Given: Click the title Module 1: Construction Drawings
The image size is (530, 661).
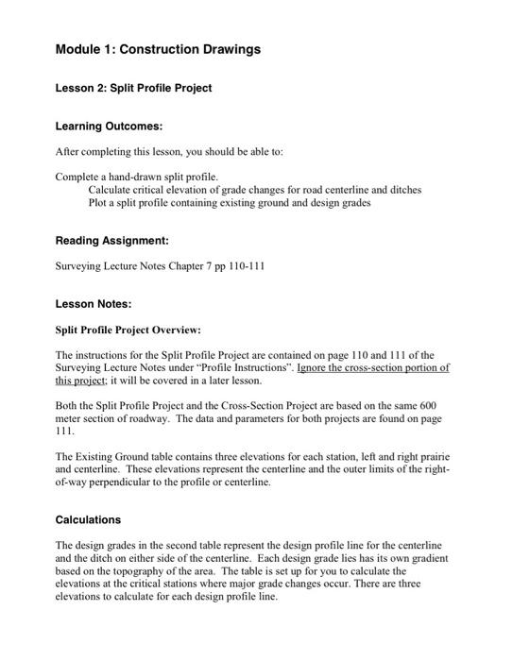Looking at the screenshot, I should [x=158, y=49].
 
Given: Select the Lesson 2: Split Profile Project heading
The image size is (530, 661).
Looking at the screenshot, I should [x=133, y=88].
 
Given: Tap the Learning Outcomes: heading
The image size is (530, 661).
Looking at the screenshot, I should [x=109, y=126].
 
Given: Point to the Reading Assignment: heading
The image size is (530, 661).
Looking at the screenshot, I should [x=112, y=241].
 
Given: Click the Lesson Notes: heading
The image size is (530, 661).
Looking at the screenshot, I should [x=93, y=304].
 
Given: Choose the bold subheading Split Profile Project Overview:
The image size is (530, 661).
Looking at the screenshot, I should [x=128, y=330].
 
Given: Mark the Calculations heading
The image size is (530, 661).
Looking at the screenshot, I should [x=88, y=519].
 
